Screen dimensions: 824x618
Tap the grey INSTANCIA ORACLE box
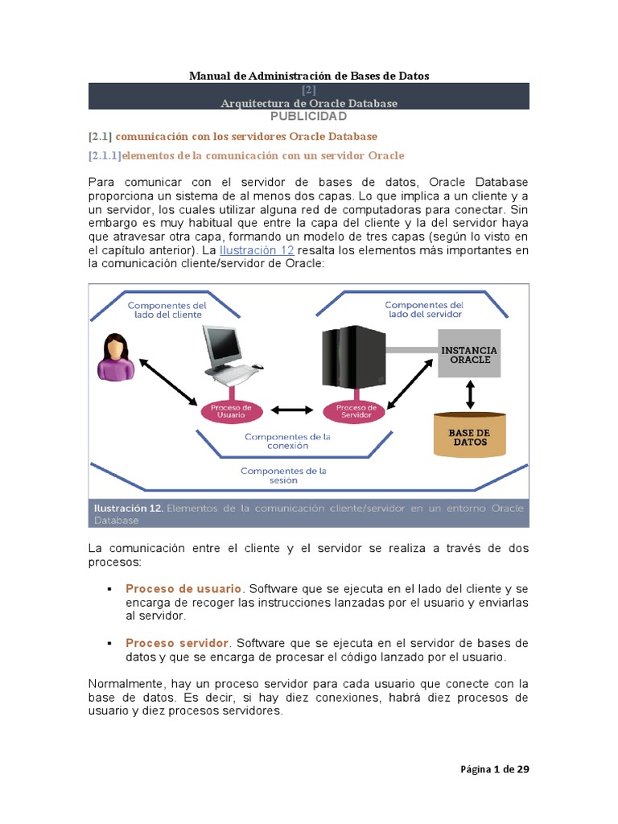point(468,354)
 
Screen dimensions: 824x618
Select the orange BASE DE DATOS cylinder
point(469,435)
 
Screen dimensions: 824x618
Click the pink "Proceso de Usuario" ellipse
point(232,410)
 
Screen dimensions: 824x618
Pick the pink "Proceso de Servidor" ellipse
point(355,410)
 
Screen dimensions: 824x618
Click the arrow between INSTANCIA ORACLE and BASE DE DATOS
point(470,393)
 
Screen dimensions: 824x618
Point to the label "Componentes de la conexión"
point(287,441)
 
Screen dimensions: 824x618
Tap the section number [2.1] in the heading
point(100,136)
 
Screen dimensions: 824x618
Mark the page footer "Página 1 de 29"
point(494,769)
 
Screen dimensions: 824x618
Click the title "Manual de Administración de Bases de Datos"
point(309,76)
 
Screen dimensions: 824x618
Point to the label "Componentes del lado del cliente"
point(167,311)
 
